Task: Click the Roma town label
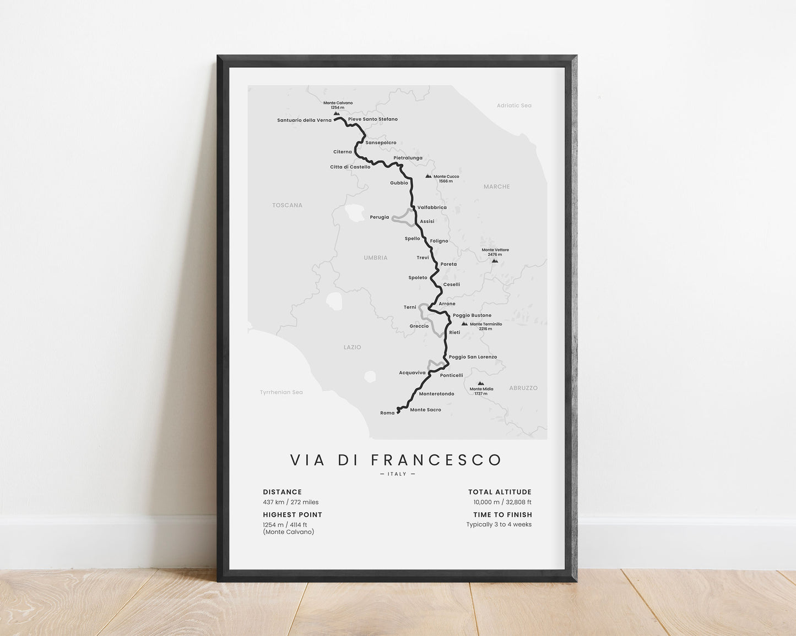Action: pos(387,413)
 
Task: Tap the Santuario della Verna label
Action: pos(304,120)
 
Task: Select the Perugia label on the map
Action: pos(379,217)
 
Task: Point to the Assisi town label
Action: pos(427,221)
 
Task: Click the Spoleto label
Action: pos(418,278)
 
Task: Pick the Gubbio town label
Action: pos(399,183)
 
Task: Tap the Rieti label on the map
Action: pos(454,332)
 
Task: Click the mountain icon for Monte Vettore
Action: pos(495,260)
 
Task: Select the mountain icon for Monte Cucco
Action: pos(428,176)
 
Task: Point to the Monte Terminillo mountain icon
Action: pos(464,324)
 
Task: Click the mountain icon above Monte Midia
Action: pos(481,383)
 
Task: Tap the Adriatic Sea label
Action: pos(514,106)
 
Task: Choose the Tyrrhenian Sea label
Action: pos(281,392)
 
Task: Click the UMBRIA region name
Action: pos(376,257)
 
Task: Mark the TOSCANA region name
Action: pos(287,205)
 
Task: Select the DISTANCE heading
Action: pos(282,492)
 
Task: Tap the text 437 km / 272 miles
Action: pos(290,502)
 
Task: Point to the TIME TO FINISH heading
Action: pos(502,515)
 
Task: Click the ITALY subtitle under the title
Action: pos(397,474)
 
